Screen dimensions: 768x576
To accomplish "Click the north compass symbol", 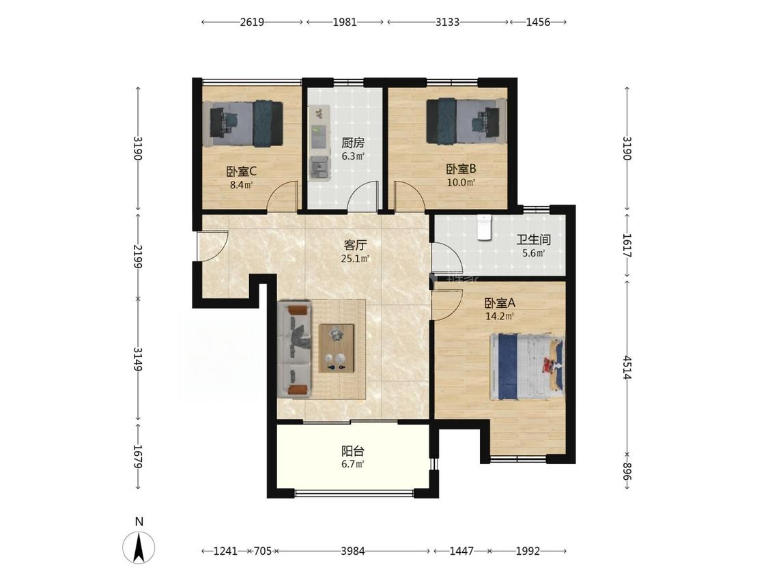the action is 139,546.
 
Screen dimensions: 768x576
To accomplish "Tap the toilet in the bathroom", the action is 485,228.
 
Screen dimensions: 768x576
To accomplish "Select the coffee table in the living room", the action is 337,348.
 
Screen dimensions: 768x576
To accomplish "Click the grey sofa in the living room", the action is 294,349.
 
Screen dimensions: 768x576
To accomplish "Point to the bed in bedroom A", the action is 527,367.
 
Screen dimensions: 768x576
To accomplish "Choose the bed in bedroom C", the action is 244,123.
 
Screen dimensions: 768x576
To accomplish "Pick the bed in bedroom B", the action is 466,121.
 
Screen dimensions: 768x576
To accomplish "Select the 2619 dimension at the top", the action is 252,22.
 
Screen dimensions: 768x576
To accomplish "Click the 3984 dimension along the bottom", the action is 353,551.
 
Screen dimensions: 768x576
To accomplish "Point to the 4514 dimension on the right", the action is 627,368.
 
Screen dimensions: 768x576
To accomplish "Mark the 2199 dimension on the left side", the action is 138,256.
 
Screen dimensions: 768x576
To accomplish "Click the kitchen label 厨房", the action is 353,143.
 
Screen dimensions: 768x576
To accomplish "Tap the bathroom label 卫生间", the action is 534,240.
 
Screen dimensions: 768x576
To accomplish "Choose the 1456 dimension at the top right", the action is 538,22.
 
